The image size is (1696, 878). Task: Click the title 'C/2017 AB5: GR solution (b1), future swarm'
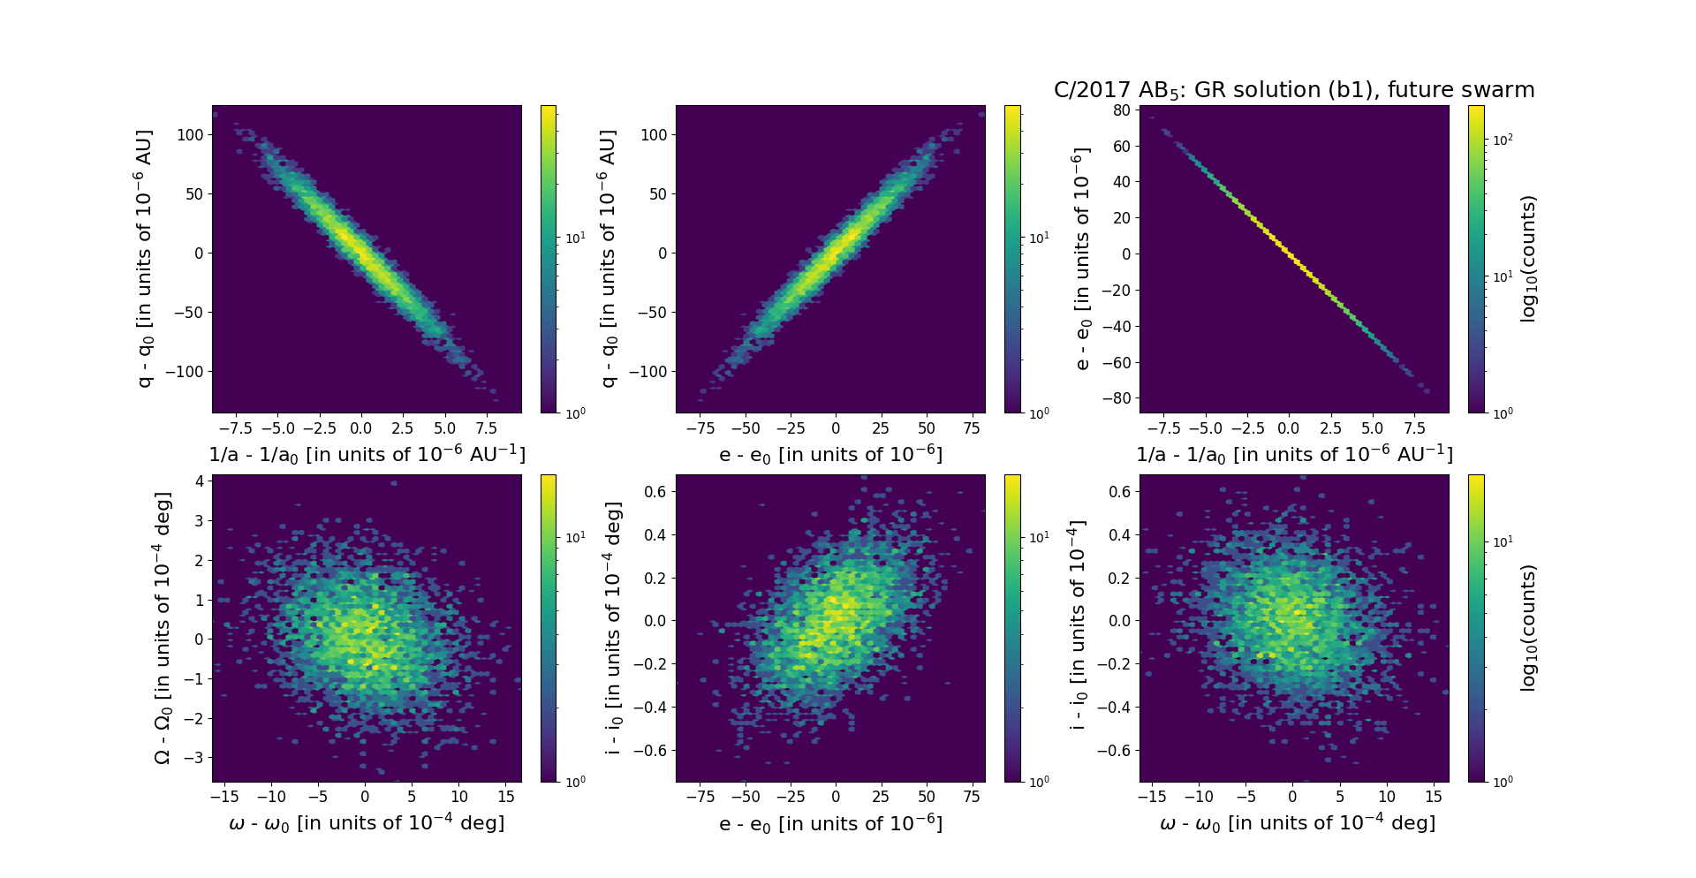(1293, 90)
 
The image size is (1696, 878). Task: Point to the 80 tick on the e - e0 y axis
(1122, 110)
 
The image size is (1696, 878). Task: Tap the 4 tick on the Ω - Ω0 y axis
(200, 481)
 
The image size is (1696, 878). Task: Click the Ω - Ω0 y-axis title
(163, 628)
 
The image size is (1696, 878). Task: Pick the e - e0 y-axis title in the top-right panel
(1082, 259)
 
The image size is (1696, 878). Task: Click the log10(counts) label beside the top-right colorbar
(1528, 259)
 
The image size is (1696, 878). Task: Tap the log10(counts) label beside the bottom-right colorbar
(1528, 628)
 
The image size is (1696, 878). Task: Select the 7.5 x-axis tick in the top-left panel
(486, 428)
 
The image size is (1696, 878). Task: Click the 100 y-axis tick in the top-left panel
(190, 134)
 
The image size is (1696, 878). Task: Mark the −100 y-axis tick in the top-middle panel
(647, 372)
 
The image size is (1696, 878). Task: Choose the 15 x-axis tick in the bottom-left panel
(506, 797)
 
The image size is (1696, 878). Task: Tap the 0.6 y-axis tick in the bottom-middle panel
(655, 491)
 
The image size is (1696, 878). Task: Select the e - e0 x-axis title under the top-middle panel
(830, 455)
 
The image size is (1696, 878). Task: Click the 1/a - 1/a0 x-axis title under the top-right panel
(1294, 455)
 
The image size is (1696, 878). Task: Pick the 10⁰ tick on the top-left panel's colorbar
(574, 413)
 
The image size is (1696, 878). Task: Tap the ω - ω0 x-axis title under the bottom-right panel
(1297, 823)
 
